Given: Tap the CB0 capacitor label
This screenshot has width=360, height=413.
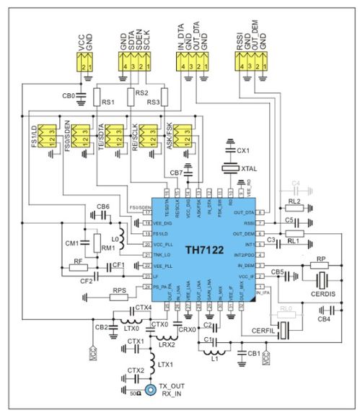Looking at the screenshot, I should [x=69, y=95].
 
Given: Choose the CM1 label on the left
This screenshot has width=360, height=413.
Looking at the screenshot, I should [x=72, y=243].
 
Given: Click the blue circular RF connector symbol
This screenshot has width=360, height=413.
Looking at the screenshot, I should [x=150, y=391].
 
